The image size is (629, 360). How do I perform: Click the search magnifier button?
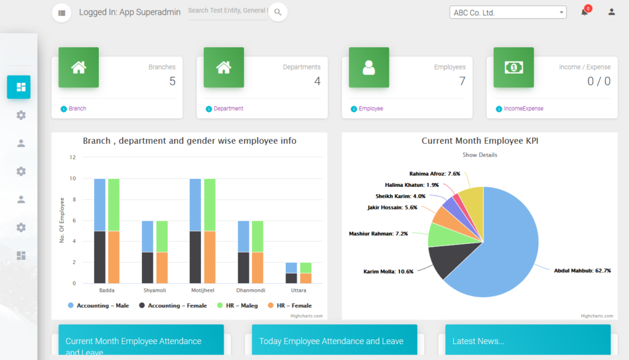click(x=278, y=12)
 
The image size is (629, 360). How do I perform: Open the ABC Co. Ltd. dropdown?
click(x=508, y=12)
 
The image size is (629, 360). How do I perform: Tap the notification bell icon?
click(x=584, y=12)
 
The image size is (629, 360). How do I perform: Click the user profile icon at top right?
click(x=611, y=12)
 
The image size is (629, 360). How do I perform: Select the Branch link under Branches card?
click(x=77, y=109)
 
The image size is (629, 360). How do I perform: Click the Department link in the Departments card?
click(x=228, y=109)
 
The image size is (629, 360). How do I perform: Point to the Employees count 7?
click(x=462, y=81)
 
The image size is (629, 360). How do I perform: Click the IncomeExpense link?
click(x=523, y=109)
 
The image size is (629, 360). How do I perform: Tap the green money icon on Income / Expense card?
click(x=514, y=68)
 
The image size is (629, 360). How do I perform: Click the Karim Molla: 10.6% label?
click(x=388, y=271)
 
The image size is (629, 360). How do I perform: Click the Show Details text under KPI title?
click(x=480, y=155)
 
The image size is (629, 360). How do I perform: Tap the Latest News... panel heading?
click(x=479, y=341)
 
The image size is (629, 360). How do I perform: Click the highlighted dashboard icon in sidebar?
click(x=18, y=87)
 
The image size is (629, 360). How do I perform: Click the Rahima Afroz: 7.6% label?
click(x=434, y=174)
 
